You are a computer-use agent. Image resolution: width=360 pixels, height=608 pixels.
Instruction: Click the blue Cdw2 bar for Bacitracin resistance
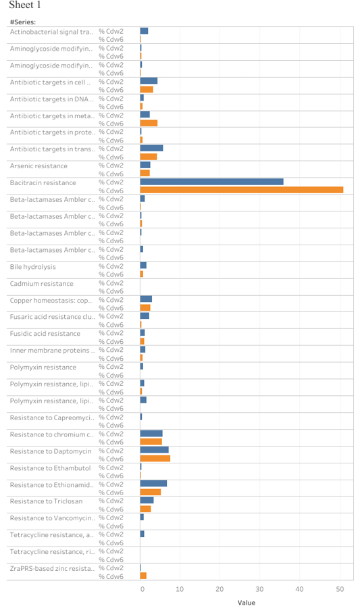[211, 182]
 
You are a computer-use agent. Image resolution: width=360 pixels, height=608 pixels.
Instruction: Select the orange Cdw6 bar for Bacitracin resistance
[242, 190]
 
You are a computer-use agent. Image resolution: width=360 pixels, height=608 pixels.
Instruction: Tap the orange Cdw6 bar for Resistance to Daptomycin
[155, 458]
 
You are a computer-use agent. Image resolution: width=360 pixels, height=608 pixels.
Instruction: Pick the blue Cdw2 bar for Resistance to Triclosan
[147, 500]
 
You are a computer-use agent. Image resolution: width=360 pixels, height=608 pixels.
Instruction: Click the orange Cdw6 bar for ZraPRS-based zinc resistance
[143, 576]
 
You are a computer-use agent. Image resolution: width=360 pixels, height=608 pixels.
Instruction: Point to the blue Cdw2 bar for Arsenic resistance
[145, 165]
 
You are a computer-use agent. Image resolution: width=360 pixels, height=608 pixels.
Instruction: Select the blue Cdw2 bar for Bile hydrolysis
[143, 265]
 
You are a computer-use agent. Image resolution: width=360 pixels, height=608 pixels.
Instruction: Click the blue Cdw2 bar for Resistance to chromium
[151, 434]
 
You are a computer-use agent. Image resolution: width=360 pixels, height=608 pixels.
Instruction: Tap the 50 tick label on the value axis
[340, 589]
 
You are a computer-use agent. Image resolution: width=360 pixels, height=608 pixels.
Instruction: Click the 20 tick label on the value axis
[220, 589]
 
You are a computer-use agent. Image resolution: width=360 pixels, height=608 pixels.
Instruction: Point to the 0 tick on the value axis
[143, 589]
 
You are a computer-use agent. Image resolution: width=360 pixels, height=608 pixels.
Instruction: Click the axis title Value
[247, 603]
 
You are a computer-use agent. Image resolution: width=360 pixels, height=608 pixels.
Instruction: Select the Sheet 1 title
[25, 5]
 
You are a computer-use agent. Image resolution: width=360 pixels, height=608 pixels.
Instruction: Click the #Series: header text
[23, 22]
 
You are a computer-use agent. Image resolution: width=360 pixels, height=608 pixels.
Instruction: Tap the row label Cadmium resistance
[41, 284]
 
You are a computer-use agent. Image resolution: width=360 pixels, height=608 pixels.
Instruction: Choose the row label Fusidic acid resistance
[45, 334]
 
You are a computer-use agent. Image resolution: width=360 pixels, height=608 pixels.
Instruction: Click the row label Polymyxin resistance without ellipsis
[43, 368]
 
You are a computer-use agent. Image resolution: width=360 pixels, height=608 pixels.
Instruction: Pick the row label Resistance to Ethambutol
[51, 468]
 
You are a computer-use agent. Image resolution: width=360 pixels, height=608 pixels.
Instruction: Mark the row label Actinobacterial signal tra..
[51, 32]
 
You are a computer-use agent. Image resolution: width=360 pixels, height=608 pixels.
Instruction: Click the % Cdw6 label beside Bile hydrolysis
[111, 274]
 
